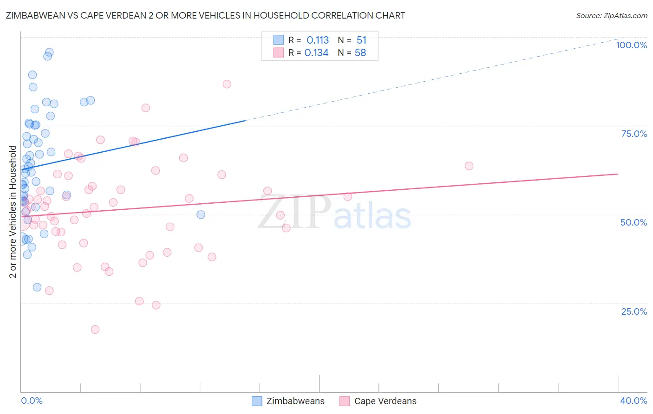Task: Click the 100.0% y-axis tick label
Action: pos(631,45)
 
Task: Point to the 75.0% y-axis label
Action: pos(634,134)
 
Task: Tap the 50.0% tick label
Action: pos(633,222)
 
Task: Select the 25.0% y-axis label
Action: pos(634,311)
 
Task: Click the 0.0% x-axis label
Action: pos(32,401)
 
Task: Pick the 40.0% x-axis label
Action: pos(633,401)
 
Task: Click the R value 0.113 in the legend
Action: pos(318,40)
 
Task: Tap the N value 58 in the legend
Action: pos(360,53)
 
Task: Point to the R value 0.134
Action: pos(316,53)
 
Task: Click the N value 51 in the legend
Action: pos(361,40)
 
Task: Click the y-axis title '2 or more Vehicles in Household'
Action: pos(13,212)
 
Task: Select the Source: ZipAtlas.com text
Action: pos(611,16)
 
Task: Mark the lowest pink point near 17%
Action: pos(95,330)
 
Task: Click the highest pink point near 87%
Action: pos(227,84)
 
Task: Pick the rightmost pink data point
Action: pos(469,166)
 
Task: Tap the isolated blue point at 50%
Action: pos(201,214)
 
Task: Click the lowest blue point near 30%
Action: pos(37,287)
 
